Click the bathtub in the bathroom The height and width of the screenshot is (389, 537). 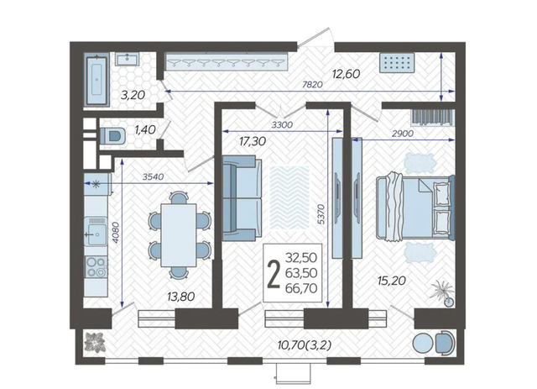pyautogui.click(x=96, y=79)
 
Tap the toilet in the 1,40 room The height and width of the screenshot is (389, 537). pyautogui.click(x=112, y=135)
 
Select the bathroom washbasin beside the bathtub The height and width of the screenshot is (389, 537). pyautogui.click(x=127, y=59)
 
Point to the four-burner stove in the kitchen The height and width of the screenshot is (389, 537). pyautogui.click(x=96, y=267)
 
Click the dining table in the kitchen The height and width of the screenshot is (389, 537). pyautogui.click(x=179, y=235)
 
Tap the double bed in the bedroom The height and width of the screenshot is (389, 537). pyautogui.click(x=415, y=208)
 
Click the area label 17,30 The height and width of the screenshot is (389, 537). pyautogui.click(x=253, y=141)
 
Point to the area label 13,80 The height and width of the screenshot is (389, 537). pyautogui.click(x=181, y=296)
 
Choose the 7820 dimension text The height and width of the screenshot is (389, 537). pyautogui.click(x=312, y=84)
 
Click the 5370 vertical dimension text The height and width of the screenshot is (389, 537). pyautogui.click(x=321, y=214)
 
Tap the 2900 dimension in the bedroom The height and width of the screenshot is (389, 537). pyautogui.click(x=403, y=134)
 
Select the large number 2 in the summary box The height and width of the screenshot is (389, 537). pyautogui.click(x=274, y=273)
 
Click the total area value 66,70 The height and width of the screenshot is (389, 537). pyautogui.click(x=301, y=288)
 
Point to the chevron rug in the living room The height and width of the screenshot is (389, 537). pyautogui.click(x=289, y=197)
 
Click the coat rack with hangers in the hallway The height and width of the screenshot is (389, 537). pyautogui.click(x=226, y=61)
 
